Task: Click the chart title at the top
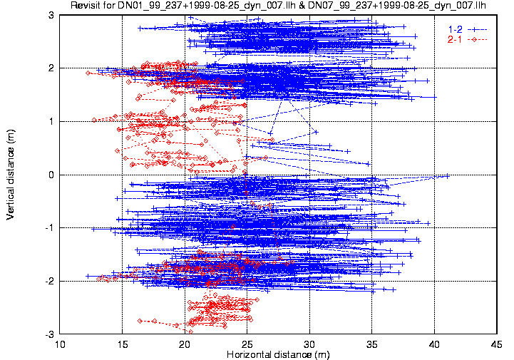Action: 278,5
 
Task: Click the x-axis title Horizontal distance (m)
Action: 278,354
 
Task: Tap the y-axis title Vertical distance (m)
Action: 10,175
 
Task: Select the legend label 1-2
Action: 455,29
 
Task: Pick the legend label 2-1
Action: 455,40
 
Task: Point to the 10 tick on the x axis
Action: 60,344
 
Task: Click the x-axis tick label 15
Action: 123,344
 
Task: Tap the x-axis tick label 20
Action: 185,344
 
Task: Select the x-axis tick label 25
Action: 247,344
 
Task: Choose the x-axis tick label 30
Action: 309,344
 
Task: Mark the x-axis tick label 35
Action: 372,344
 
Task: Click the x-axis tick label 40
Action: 434,344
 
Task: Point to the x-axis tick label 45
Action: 497,344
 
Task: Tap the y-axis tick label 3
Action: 51,15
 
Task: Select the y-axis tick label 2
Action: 51,68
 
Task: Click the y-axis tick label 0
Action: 51,175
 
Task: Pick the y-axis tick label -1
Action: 49,228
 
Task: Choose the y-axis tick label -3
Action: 49,334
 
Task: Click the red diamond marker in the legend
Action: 474,40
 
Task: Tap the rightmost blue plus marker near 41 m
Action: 448,176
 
